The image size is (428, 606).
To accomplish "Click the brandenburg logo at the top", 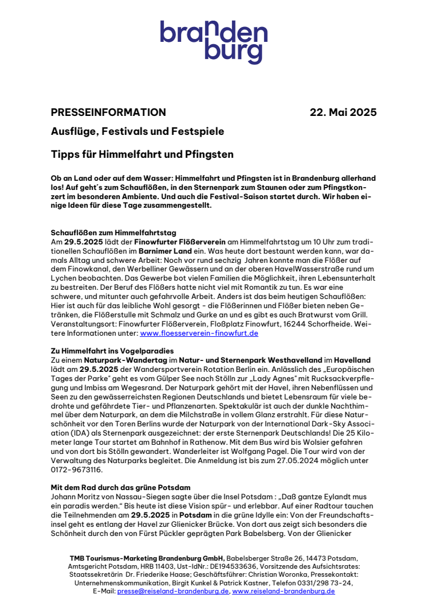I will (213, 42).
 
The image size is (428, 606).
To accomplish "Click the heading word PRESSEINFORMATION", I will (108, 112).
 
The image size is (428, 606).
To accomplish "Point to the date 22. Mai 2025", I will (343, 112).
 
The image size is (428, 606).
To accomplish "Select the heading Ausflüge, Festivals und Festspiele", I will (138, 131).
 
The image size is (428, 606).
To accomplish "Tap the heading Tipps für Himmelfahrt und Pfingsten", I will (142, 154).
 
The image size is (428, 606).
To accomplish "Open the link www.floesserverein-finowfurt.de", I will (199, 333).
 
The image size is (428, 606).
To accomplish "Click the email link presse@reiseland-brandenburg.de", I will (173, 591).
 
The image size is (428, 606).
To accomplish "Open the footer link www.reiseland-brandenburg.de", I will (283, 591).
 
